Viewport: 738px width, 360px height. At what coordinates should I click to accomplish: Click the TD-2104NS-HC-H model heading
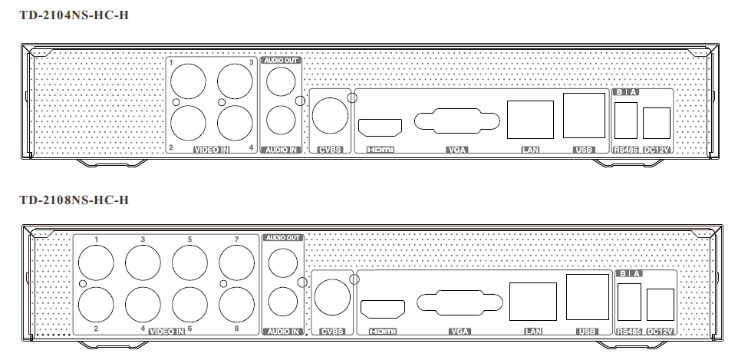click(x=74, y=15)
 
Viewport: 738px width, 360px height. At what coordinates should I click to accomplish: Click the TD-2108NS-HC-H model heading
click(x=74, y=200)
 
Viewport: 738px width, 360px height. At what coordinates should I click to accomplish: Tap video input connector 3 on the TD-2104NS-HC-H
click(x=235, y=81)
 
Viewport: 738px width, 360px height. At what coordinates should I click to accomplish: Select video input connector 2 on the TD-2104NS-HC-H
click(x=188, y=123)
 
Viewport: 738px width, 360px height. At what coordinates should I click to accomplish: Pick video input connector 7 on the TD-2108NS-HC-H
click(x=237, y=263)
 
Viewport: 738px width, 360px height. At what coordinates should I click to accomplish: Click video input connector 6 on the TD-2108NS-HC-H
click(x=189, y=305)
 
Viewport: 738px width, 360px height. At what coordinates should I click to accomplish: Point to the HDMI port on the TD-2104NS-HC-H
click(x=381, y=127)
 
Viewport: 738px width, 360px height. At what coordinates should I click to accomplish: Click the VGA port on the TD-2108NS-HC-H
click(x=460, y=302)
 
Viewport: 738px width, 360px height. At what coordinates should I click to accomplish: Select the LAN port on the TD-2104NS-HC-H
click(x=530, y=120)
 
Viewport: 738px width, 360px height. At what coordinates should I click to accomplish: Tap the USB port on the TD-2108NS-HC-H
click(x=588, y=297)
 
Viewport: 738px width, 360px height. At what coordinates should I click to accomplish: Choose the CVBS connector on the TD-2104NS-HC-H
click(x=330, y=116)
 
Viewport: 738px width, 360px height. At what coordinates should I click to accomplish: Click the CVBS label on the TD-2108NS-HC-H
click(x=332, y=332)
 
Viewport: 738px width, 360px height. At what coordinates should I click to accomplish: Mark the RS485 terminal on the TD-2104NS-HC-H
click(x=626, y=121)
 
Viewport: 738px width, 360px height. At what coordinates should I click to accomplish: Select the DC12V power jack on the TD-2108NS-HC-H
click(x=661, y=305)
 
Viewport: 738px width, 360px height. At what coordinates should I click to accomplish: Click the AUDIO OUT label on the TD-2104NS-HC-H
click(x=281, y=61)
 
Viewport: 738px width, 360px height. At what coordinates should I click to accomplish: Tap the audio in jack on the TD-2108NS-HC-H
click(x=283, y=302)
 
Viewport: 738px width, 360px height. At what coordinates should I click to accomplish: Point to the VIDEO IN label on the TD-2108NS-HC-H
click(x=167, y=332)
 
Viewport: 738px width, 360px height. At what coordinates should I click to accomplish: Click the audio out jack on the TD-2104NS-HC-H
click(x=281, y=81)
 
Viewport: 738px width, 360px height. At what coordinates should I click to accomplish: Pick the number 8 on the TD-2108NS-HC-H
click(x=237, y=329)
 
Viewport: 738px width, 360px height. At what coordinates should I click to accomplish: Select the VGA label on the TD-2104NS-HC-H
click(x=457, y=150)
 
